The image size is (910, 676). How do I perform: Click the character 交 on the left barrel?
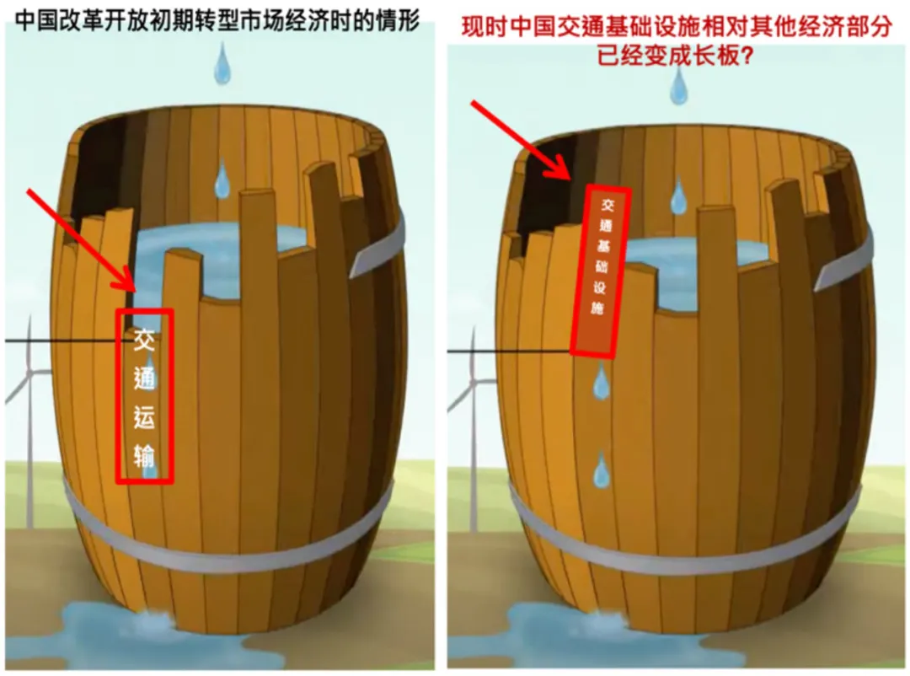[x=144, y=340]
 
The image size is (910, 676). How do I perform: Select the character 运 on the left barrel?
[x=144, y=416]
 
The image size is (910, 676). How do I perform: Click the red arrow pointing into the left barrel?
[x=81, y=240]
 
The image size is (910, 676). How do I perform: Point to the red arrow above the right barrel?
[x=522, y=140]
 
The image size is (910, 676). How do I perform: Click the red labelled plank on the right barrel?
[x=601, y=271]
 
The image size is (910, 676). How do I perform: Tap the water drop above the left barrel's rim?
[x=222, y=63]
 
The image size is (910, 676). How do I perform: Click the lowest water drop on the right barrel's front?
[x=601, y=470]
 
